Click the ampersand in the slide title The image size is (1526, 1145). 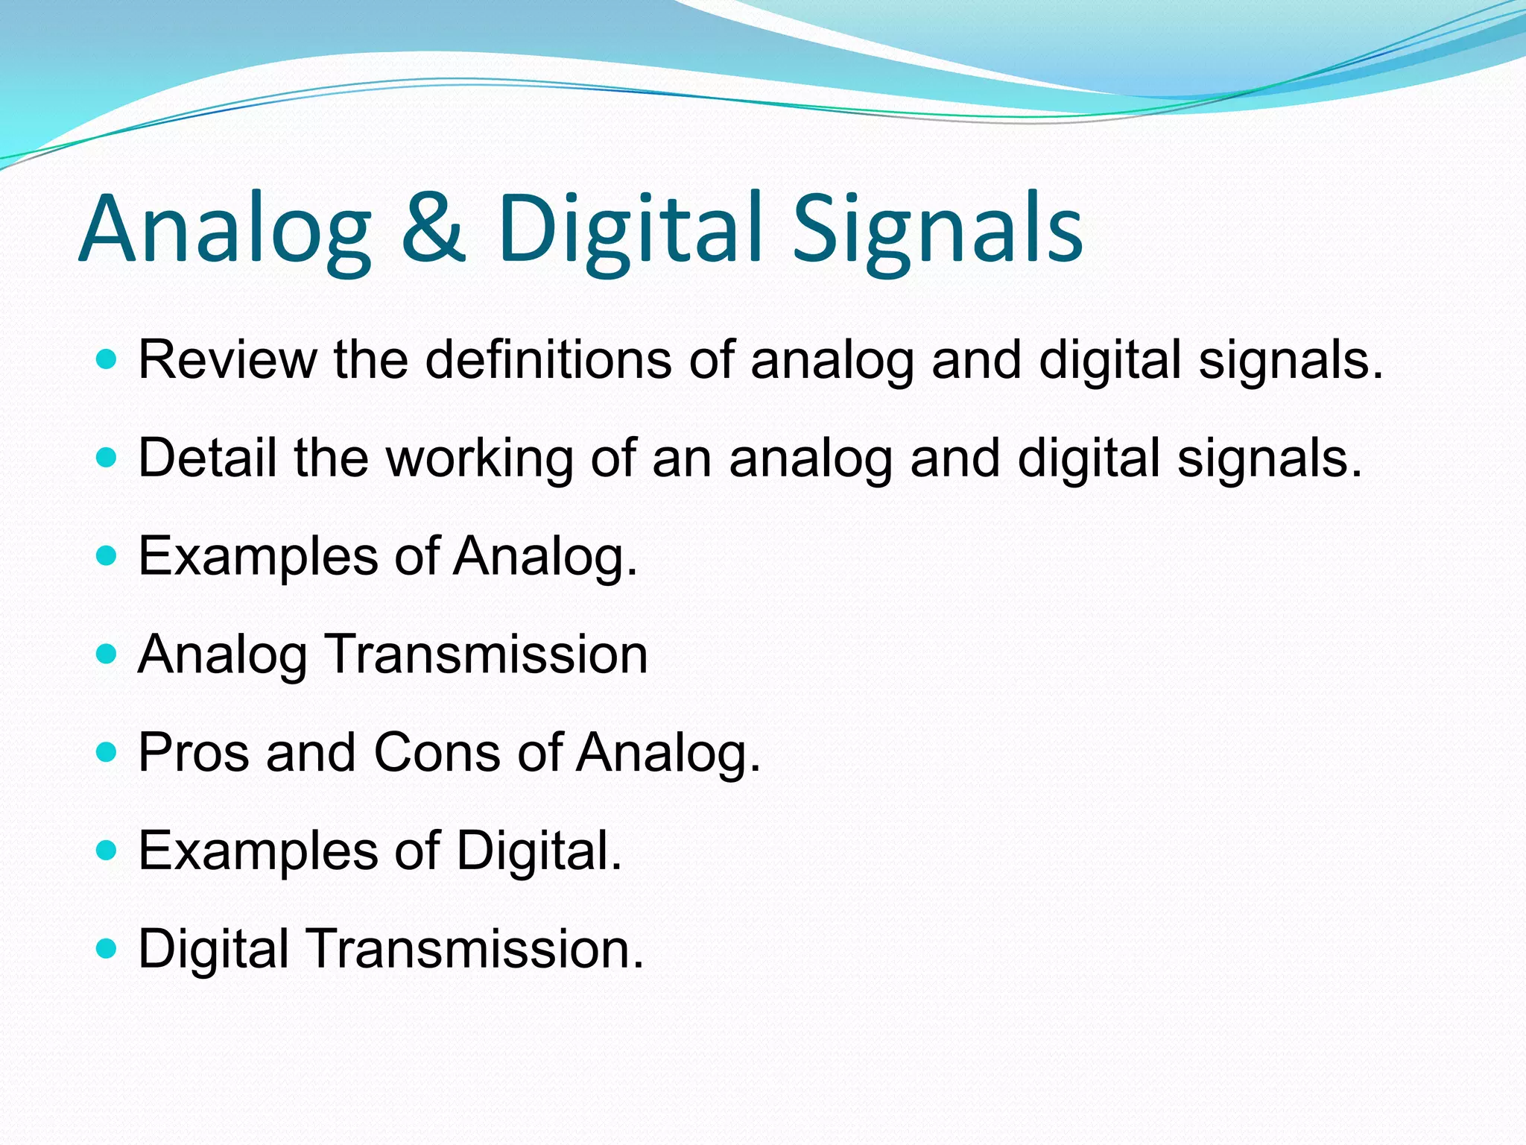click(x=434, y=229)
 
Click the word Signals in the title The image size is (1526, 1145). click(x=937, y=229)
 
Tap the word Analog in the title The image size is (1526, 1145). click(x=224, y=229)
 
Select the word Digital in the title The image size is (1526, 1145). click(x=630, y=229)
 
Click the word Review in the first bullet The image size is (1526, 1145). click(x=227, y=360)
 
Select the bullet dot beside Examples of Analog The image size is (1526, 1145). click(x=107, y=556)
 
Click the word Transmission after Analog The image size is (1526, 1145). click(x=487, y=654)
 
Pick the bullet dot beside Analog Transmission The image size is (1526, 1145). click(x=107, y=654)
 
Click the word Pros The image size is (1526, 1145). click(x=194, y=752)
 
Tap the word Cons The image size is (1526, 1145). click(x=437, y=752)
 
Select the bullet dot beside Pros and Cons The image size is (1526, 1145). click(x=107, y=752)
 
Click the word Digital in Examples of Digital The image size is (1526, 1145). click(x=538, y=851)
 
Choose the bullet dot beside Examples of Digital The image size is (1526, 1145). click(x=107, y=851)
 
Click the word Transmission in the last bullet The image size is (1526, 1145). click(x=475, y=949)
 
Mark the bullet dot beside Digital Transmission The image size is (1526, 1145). click(x=107, y=949)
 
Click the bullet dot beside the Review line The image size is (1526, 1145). click(x=107, y=360)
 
